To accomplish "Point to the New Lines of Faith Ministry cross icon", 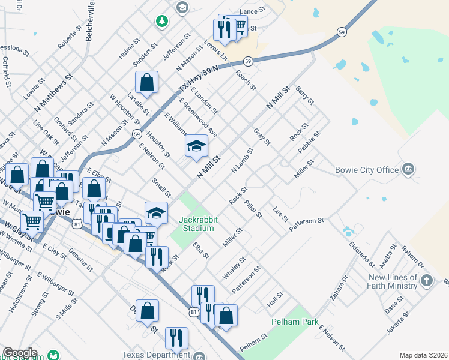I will pos(426,280).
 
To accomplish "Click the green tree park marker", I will pos(161,22).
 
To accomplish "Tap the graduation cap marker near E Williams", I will pos(196,146).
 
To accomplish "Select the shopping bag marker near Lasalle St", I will pos(146,82).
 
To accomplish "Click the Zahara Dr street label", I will pos(338,289).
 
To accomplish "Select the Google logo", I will pos(20,353).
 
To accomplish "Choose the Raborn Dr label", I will pos(414,256).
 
